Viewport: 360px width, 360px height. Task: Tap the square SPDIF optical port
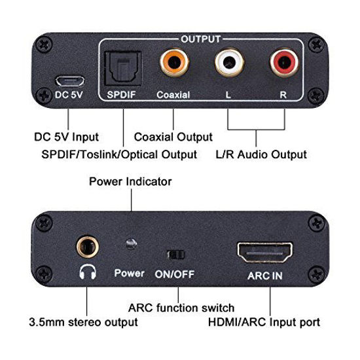[x=121, y=65]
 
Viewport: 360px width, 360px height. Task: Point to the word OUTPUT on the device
[x=201, y=39]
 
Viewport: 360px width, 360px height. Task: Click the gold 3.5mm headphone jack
[x=85, y=246]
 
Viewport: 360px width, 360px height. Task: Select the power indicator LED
[x=131, y=243]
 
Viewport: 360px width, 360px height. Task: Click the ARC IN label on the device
[x=266, y=276]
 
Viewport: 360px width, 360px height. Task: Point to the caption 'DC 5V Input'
[x=65, y=137]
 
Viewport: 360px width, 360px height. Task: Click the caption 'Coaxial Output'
[x=173, y=137]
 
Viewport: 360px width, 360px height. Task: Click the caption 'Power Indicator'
[x=130, y=181]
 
